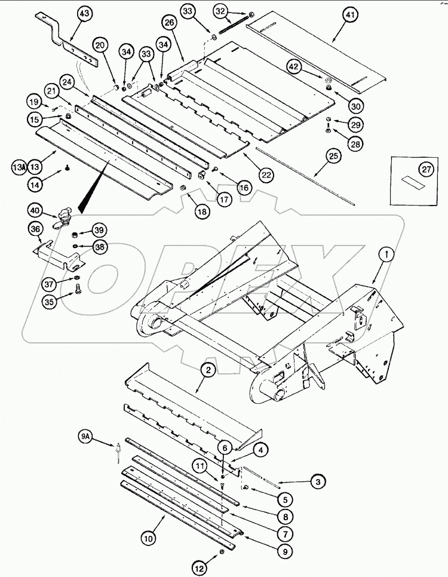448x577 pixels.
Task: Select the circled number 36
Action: tap(36, 229)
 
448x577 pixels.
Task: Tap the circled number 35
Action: tap(50, 303)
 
